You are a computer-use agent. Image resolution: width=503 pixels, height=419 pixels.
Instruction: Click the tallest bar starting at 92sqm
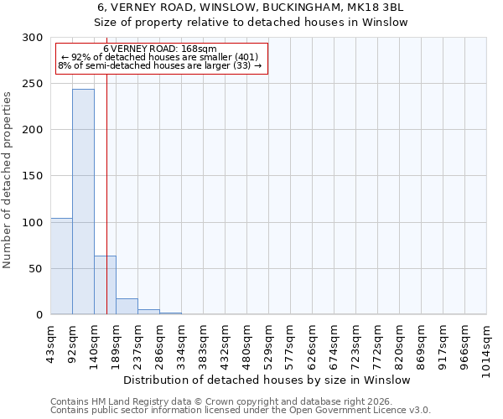pos(83,201)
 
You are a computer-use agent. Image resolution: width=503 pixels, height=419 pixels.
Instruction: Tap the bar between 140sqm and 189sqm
pos(105,285)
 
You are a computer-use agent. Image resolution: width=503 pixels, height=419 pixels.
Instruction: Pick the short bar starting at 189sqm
pos(127,307)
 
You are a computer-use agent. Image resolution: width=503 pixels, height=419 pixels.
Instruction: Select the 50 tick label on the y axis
pos(36,269)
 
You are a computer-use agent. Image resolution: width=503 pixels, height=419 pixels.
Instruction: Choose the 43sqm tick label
pos(51,341)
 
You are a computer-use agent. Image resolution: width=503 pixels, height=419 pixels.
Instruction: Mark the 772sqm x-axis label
pos(378,343)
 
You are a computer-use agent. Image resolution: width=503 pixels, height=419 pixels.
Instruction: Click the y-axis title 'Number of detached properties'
pos(8,180)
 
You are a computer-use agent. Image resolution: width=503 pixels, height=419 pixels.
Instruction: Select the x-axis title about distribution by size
pos(272,380)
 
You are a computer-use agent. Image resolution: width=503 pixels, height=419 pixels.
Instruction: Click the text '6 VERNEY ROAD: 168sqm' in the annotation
pos(161,49)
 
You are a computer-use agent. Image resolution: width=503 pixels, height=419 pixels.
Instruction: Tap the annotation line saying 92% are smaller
pos(161,57)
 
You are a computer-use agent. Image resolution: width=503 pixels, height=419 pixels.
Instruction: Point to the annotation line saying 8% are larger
pos(161,65)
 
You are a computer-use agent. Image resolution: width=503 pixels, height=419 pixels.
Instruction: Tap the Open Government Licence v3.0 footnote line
pos(241,410)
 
